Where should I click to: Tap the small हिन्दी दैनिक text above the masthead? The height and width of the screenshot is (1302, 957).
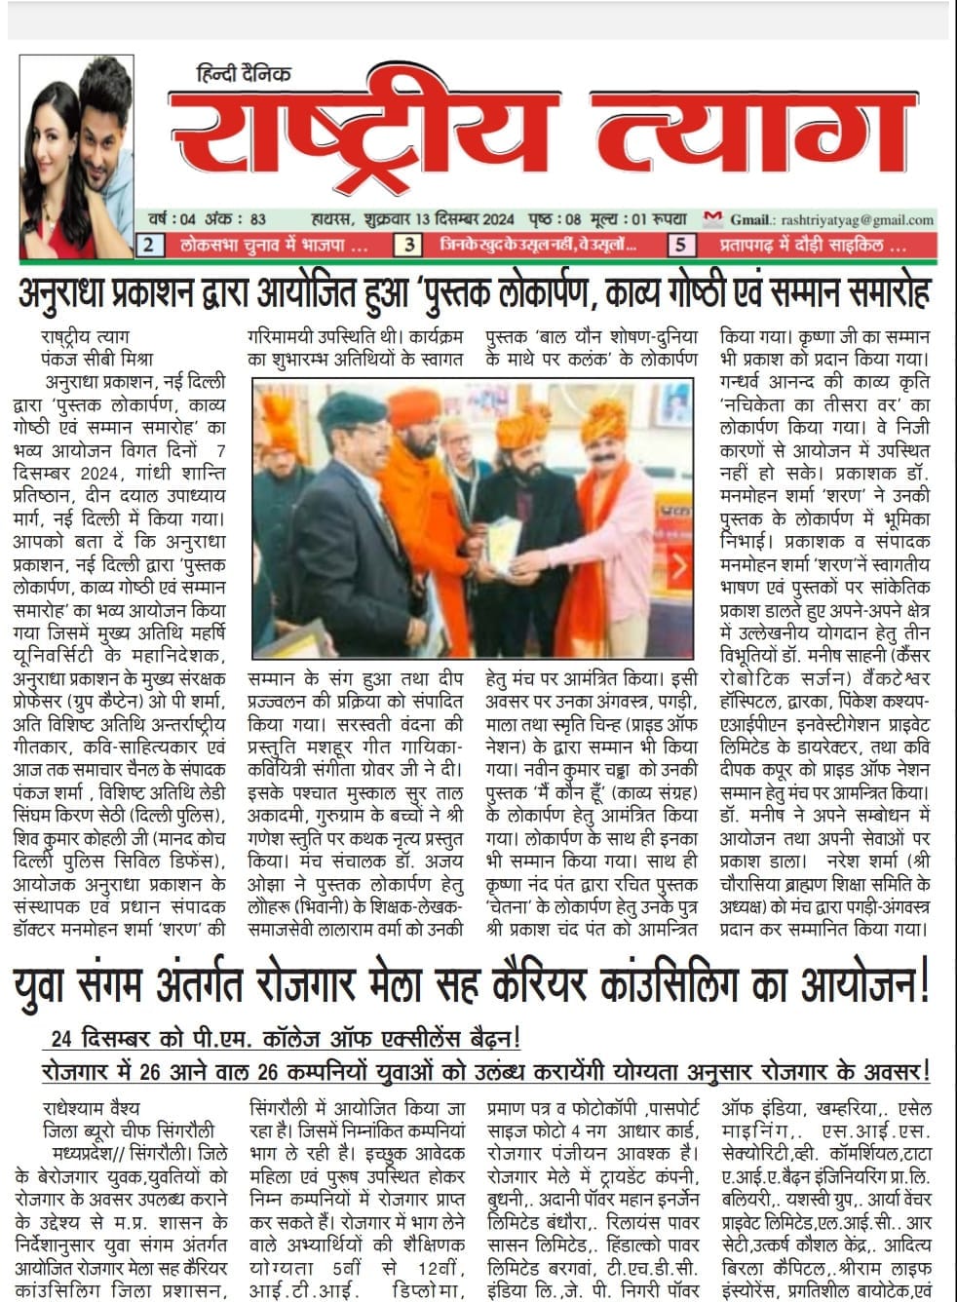pos(243,74)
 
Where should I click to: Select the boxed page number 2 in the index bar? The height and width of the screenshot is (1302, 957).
pos(149,246)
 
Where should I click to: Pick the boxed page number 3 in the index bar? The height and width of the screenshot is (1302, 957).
pos(412,246)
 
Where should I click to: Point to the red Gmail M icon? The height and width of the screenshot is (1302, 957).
pos(713,218)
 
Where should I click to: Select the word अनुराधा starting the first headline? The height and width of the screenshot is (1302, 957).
pos(78,292)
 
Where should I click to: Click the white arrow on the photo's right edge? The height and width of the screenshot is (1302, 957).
pos(680,566)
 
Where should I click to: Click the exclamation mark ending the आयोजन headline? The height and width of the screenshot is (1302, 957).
pos(925,984)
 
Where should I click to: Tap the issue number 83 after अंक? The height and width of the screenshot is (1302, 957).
pos(257,220)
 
